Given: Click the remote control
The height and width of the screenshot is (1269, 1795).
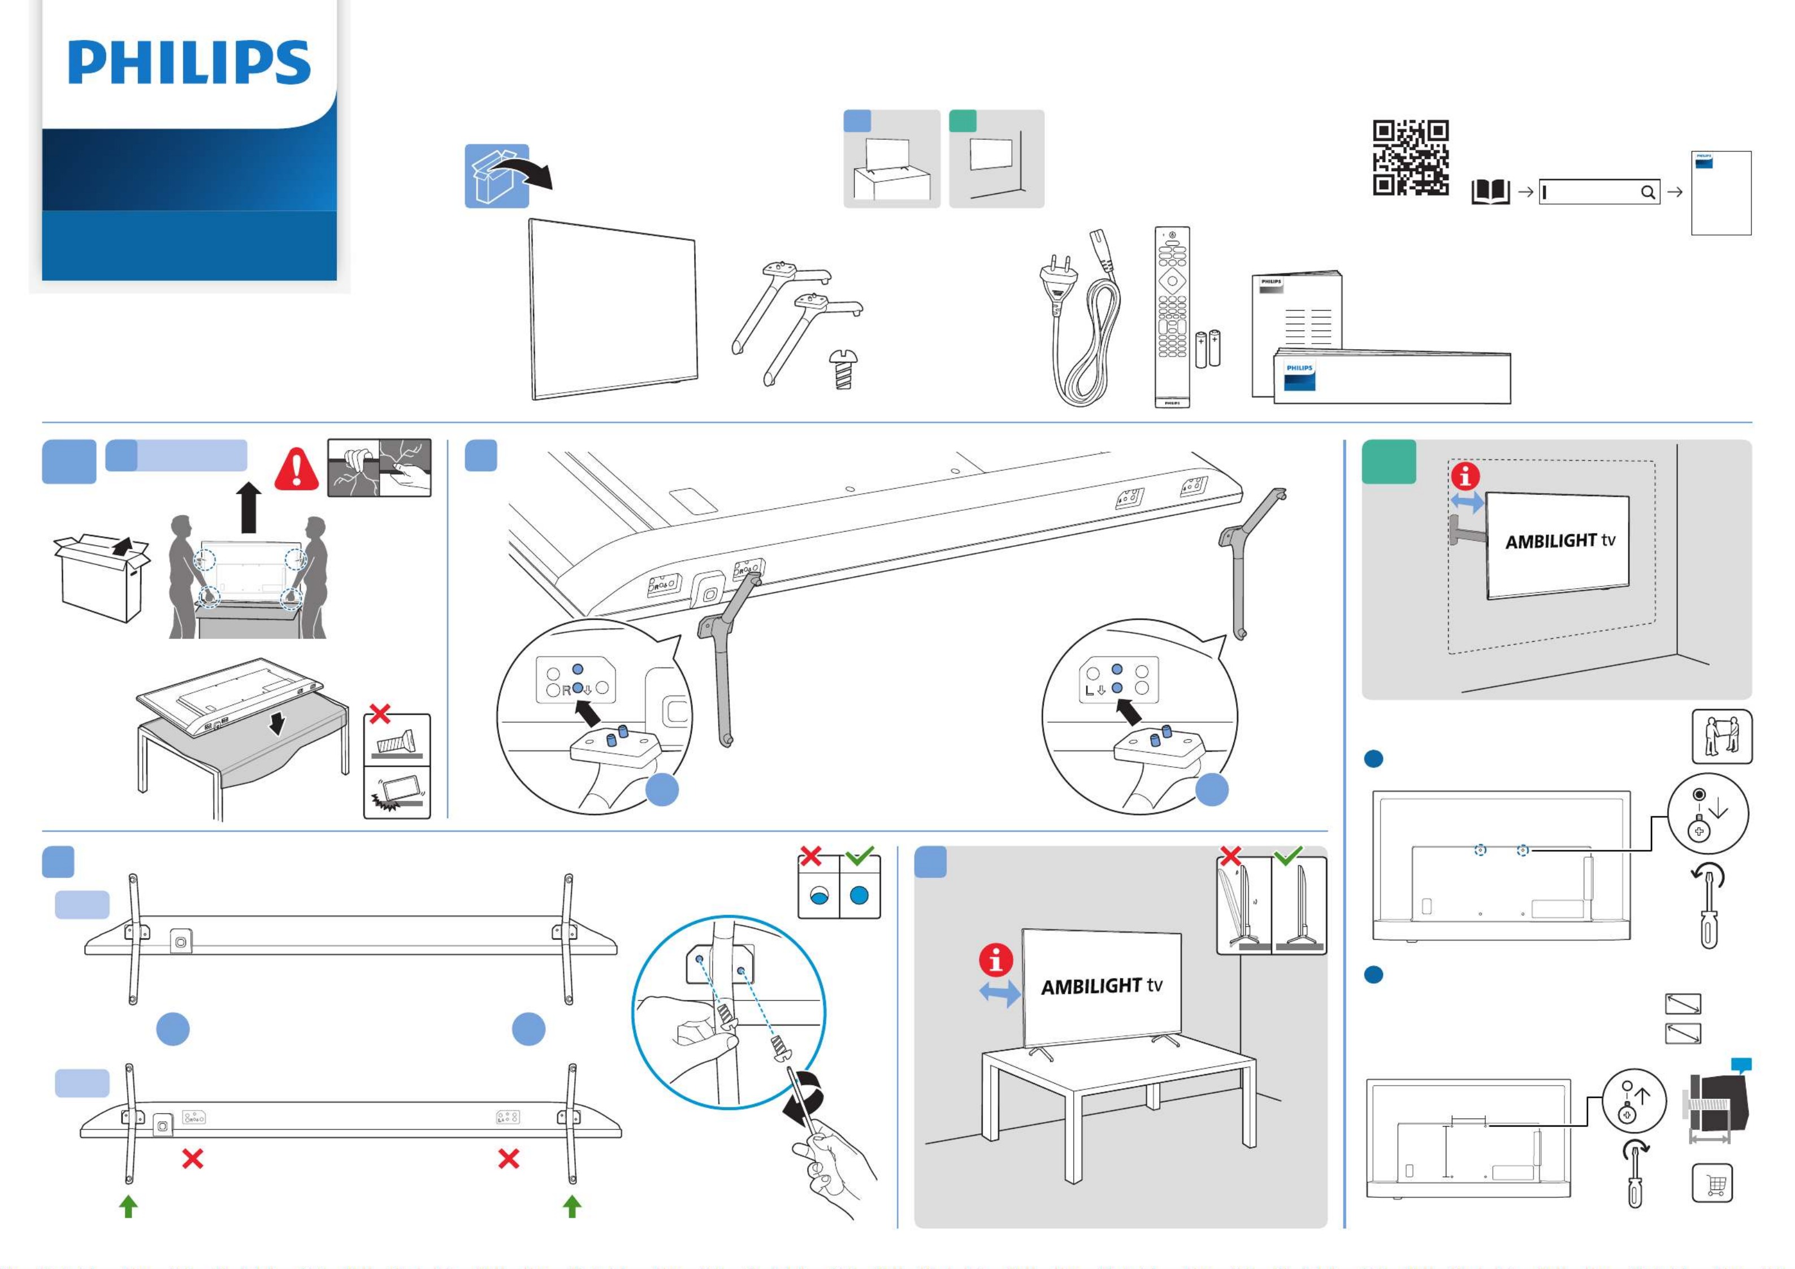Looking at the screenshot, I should [1172, 316].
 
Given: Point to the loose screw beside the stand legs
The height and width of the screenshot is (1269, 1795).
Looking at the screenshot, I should [844, 369].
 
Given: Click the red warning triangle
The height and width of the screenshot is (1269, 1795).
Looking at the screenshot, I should [296, 470].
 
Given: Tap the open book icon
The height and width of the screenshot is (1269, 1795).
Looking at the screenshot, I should [1490, 192].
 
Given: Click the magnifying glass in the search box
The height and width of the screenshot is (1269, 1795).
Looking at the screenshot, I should [1647, 192].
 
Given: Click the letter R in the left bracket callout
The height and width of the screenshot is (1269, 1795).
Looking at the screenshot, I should [566, 691].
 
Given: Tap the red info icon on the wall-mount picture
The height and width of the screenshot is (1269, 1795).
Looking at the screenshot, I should [1465, 476].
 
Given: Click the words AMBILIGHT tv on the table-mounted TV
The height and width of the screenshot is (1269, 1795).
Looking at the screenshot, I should [1101, 986].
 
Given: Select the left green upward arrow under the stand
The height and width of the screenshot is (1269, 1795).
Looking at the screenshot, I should [128, 1206].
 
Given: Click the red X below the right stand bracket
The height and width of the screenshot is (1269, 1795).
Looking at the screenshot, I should [508, 1158].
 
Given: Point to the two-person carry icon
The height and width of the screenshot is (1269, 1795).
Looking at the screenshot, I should [1722, 737].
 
